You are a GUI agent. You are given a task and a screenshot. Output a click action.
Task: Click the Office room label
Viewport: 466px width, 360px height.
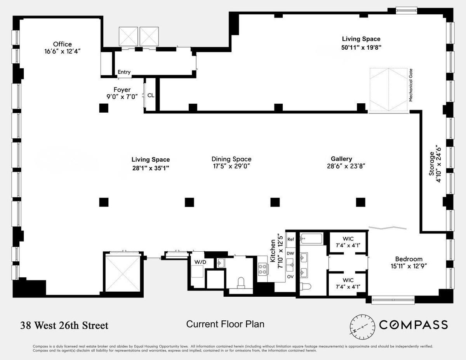[63, 44]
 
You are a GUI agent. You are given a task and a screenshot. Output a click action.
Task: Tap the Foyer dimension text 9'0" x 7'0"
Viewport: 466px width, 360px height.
[122, 97]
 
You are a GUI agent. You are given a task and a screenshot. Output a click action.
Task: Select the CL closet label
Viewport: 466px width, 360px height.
[151, 95]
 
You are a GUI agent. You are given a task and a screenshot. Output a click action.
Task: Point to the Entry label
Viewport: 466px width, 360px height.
[124, 72]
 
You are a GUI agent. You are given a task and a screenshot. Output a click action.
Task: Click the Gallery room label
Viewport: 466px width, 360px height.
[341, 159]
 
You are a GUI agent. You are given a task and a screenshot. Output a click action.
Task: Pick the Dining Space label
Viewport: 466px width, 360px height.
[231, 159]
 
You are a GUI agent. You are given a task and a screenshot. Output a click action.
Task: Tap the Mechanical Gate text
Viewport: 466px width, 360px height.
[411, 85]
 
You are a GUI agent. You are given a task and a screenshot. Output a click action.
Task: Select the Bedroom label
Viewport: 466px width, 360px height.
[409, 259]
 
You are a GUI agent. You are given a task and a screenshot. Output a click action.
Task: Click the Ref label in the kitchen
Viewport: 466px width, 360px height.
[290, 239]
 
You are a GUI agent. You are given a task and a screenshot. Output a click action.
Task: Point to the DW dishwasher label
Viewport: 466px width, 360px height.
[290, 253]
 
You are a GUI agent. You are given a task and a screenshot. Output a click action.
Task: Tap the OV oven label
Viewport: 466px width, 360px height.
[290, 277]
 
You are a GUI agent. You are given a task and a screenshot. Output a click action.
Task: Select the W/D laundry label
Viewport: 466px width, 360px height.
[200, 262]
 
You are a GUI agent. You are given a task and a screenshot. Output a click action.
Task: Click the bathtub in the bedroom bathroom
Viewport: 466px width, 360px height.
[311, 239]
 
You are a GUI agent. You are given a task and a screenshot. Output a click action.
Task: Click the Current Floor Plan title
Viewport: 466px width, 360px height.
[225, 324]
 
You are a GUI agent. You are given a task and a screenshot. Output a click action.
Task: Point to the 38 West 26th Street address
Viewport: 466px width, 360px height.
[64, 325]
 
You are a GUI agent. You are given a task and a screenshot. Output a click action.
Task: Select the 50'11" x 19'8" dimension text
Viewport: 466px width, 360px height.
[361, 47]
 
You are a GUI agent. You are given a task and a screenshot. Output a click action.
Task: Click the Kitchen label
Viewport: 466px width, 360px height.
[273, 250]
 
